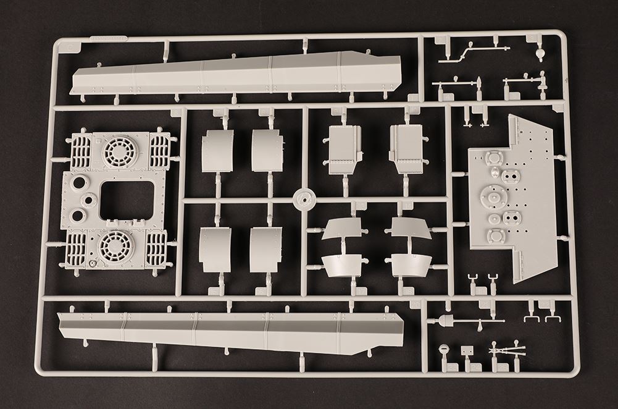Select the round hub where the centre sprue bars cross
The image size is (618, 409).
[303, 200]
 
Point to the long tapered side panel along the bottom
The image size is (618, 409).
[228, 332]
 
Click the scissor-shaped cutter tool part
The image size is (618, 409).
[506, 350]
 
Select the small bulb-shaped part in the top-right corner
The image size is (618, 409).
[540, 54]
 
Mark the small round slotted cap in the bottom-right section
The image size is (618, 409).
[443, 348]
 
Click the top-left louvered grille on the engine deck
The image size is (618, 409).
[81, 152]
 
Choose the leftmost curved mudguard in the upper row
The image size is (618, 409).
[217, 151]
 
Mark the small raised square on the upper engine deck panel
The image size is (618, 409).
[97, 141]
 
